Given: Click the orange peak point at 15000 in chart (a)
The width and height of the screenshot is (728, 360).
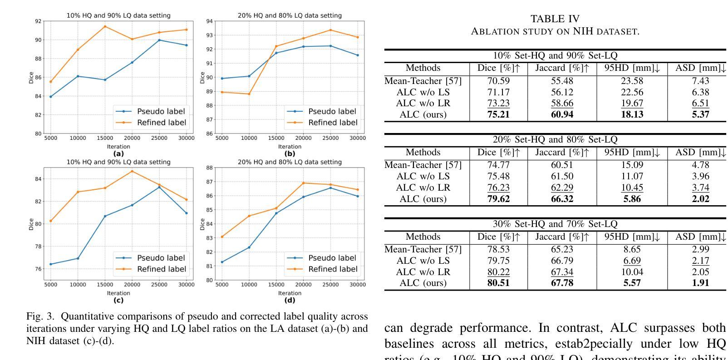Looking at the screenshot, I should click(x=105, y=26).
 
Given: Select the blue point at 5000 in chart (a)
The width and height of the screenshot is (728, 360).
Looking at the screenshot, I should click(x=50, y=97).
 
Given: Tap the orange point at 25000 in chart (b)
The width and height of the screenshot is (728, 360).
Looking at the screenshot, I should click(x=330, y=30).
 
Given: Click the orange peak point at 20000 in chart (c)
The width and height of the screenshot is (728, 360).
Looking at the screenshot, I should click(x=132, y=171).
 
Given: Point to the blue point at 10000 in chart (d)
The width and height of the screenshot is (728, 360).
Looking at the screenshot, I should click(x=249, y=247).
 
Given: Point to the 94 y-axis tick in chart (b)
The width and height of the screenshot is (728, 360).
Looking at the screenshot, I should click(x=209, y=21).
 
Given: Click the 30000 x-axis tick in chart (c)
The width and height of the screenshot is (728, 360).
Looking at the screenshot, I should click(x=186, y=285).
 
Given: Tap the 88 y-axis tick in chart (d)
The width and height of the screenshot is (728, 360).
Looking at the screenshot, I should click(x=209, y=168).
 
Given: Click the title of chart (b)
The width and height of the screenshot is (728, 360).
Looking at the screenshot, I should click(x=290, y=15).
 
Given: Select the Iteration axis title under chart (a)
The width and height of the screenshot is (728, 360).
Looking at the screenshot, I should click(x=118, y=147).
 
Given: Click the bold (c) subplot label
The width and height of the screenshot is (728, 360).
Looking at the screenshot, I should click(x=118, y=300).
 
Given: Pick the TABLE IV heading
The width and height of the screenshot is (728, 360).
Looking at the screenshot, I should click(x=555, y=19).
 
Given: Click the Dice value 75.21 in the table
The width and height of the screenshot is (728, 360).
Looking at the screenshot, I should click(x=498, y=114).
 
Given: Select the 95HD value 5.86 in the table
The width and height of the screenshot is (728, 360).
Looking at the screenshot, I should click(x=632, y=199).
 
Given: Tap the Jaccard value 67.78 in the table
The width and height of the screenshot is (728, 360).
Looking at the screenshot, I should click(x=562, y=283).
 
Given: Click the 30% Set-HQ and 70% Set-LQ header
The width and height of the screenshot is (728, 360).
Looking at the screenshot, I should click(x=555, y=224).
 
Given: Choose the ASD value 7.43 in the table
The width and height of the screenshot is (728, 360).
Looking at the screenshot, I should click(x=700, y=81).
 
